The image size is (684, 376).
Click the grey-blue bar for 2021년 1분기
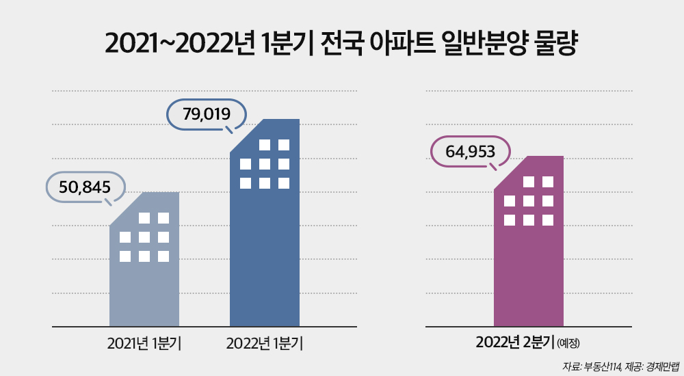[x=144, y=287]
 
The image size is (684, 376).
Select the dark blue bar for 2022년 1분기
[x=265, y=260]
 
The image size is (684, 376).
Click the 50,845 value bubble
[x=85, y=187]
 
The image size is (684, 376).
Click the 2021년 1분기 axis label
[x=144, y=342]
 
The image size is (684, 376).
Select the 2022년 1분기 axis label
[x=265, y=342]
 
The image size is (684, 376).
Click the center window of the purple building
[x=528, y=201]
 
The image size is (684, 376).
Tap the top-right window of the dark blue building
[x=284, y=144]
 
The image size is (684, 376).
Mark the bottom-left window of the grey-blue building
[x=125, y=256]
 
